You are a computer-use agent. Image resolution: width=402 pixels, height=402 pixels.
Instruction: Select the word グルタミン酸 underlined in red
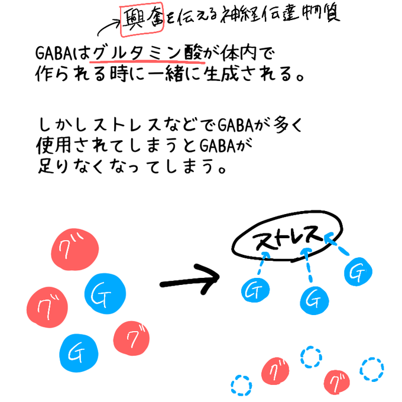tap(150, 54)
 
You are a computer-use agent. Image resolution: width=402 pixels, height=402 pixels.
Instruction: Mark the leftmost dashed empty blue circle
tap(241, 386)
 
